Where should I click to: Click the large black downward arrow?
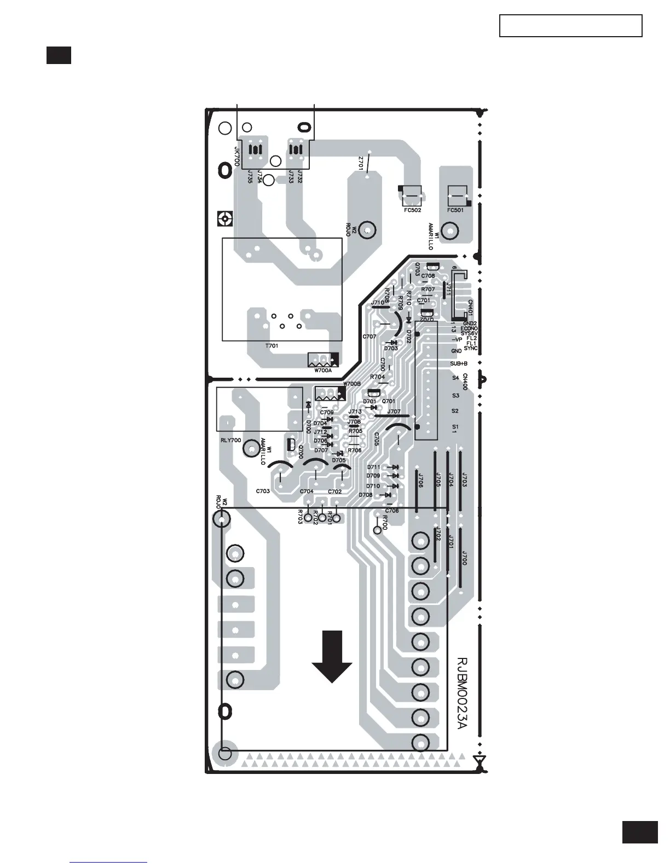[x=332, y=657]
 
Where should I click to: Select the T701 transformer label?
[x=272, y=346]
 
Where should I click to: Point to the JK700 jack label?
[x=237, y=157]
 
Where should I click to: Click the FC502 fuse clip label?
[x=412, y=210]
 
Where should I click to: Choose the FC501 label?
[x=455, y=210]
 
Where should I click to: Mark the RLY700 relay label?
[x=227, y=440]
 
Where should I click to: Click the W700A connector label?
[x=323, y=371]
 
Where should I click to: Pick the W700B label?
[x=352, y=384]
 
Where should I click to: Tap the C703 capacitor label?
[x=263, y=491]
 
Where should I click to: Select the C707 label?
[x=369, y=337]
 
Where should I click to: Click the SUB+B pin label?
[x=459, y=363]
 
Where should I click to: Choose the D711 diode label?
[x=373, y=467]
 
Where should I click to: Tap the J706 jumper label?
[x=420, y=481]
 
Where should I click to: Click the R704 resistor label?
[x=377, y=377]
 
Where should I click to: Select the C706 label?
[x=392, y=511]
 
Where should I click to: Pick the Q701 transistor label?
[x=389, y=401]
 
